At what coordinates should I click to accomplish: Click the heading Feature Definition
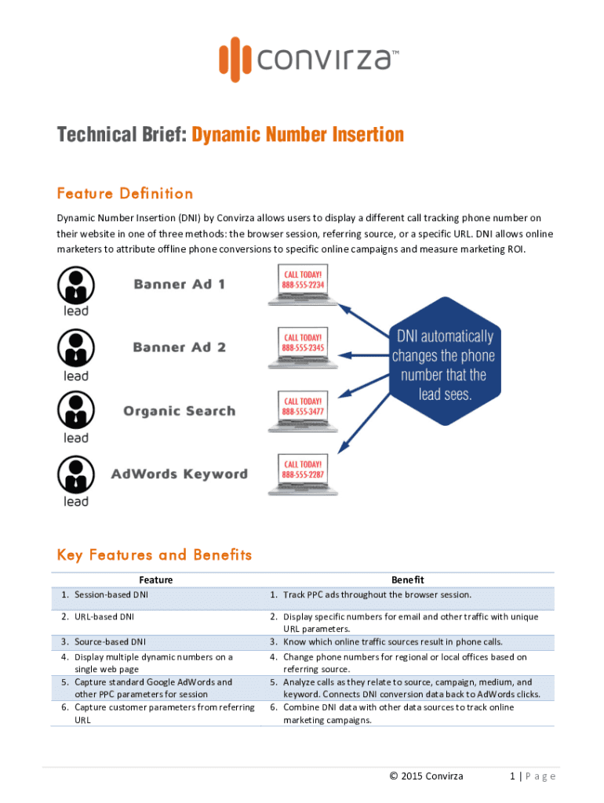[x=125, y=194]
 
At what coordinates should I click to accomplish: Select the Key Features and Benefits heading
[x=155, y=555]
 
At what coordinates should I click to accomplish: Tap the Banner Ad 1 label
[x=180, y=284]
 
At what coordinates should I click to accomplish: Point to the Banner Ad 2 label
[x=180, y=347]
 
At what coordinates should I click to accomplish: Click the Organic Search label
[x=179, y=411]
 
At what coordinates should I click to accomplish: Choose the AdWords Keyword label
[x=180, y=474]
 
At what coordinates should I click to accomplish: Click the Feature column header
[x=155, y=580]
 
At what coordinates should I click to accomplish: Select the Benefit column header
[x=407, y=580]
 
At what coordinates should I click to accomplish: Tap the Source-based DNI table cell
[x=110, y=642]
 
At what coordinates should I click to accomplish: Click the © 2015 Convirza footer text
[x=426, y=776]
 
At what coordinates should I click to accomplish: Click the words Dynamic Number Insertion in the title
[x=297, y=135]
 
